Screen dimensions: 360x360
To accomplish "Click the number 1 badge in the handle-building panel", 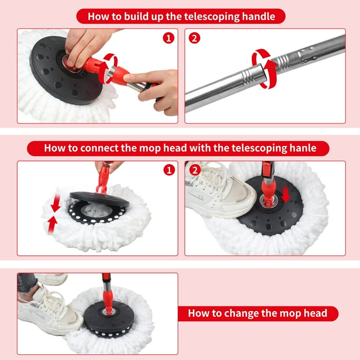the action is (x=169, y=38).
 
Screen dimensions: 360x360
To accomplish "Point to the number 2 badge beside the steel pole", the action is (x=195, y=38).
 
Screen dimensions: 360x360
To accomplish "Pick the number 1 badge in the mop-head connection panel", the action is (x=169, y=170).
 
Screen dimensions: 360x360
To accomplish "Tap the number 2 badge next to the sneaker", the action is (x=195, y=170).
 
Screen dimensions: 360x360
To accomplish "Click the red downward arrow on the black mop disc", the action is (x=286, y=194).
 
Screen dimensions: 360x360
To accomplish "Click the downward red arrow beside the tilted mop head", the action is (x=56, y=203).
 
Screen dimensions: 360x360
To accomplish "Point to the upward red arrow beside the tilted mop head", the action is (x=52, y=225).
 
